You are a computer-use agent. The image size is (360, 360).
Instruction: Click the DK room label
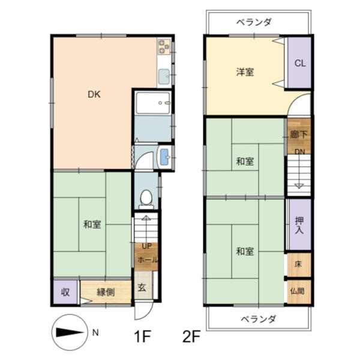[x=94, y=94]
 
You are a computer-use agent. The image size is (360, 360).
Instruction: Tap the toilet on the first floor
[x=146, y=199]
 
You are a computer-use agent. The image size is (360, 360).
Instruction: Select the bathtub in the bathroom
[x=153, y=103]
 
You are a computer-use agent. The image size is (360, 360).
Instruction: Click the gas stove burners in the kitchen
[x=164, y=47]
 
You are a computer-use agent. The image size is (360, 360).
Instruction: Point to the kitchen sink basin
[x=164, y=76]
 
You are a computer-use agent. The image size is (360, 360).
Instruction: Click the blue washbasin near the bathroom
[x=165, y=157]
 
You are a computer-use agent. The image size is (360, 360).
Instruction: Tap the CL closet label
[x=300, y=63]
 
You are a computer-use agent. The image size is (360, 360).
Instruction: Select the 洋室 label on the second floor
[x=245, y=72]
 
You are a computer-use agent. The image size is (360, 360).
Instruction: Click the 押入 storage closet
[x=299, y=224]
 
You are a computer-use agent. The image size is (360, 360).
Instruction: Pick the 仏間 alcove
[x=299, y=292]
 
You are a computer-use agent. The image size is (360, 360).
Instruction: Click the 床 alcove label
[x=298, y=264]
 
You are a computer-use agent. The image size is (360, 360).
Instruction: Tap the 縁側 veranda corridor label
[x=106, y=292]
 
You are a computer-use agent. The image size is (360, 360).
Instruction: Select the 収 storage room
[x=65, y=292]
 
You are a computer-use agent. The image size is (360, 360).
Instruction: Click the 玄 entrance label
[x=142, y=287]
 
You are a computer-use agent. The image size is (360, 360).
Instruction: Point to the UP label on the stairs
[x=147, y=247]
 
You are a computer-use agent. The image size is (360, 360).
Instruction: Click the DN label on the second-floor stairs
[x=299, y=152]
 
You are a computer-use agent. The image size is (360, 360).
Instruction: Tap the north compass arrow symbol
[x=70, y=332]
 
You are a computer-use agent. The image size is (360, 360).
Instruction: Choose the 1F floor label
[x=142, y=337]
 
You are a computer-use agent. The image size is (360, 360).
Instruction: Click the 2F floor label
[x=191, y=337]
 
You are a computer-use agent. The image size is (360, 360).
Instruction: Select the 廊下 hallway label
[x=299, y=134]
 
